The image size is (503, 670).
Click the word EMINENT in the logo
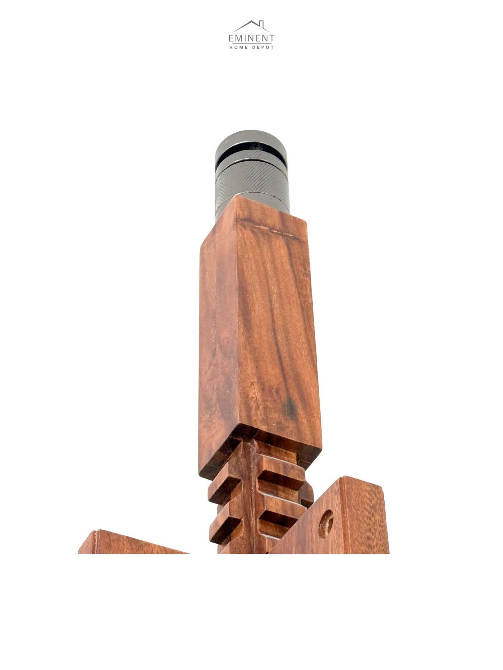[x=251, y=38]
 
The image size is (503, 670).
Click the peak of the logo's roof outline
[x=251, y=21]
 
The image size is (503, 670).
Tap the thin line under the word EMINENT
[x=251, y=44]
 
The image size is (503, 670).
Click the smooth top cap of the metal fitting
[x=250, y=139]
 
